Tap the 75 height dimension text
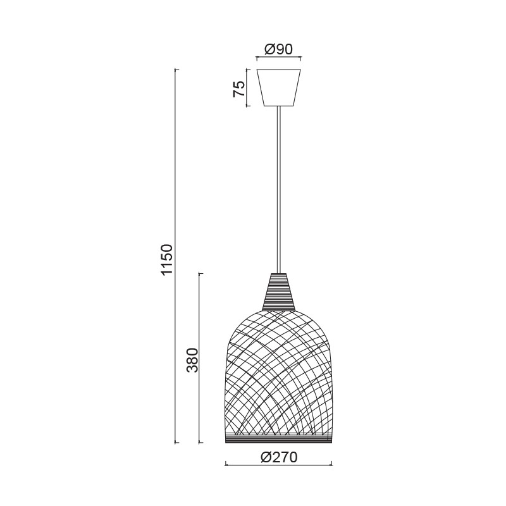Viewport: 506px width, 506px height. coord(239,89)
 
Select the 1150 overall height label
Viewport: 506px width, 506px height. coord(166,259)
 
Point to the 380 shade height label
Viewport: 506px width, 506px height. coord(192,360)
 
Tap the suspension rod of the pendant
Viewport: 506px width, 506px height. coord(278,190)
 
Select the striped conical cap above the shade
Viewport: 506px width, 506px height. coord(278,292)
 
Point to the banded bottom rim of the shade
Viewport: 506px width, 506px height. coord(278,439)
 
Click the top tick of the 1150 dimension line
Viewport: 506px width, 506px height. coord(176,69)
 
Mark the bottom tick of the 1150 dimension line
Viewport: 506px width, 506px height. coord(176,442)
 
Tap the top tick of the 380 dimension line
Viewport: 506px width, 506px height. coord(201,273)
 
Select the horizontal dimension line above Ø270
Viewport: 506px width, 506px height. coord(278,465)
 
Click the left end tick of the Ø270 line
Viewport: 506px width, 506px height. coord(226,465)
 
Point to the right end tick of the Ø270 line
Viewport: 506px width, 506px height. coord(331,465)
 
